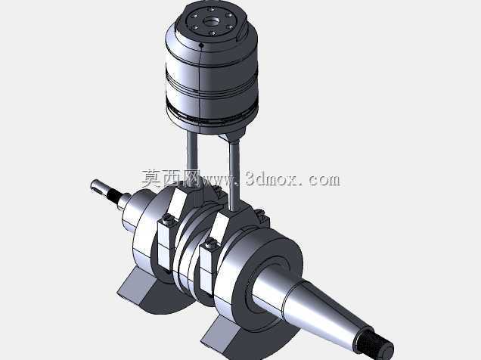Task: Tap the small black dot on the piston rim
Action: point(201,46)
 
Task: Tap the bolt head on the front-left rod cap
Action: point(168,219)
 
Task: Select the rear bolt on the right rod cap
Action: point(260,213)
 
